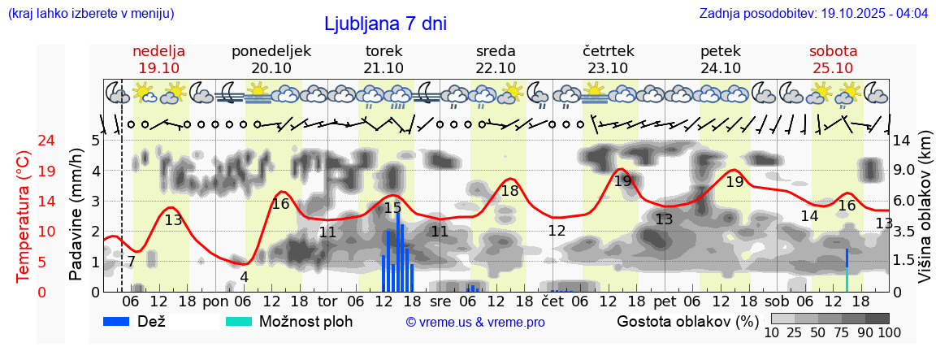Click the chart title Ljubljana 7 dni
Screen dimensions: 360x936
[x=385, y=24]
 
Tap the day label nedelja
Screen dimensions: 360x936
[x=159, y=51]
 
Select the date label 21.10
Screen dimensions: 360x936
[x=383, y=68]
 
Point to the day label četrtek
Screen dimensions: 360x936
[x=608, y=51]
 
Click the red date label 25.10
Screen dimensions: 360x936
[x=833, y=68]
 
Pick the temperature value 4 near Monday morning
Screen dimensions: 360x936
[x=244, y=276]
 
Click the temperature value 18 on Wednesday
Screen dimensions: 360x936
[x=509, y=191]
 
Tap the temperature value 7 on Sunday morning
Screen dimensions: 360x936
[x=131, y=262]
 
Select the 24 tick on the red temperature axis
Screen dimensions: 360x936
[x=24, y=141]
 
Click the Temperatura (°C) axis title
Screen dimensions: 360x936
[x=24, y=216]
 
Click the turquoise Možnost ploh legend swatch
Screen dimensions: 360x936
[x=239, y=321]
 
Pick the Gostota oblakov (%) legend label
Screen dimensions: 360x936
[x=687, y=321]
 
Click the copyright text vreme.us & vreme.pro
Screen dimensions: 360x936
[x=475, y=323]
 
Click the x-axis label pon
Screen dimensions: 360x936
[x=215, y=301]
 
